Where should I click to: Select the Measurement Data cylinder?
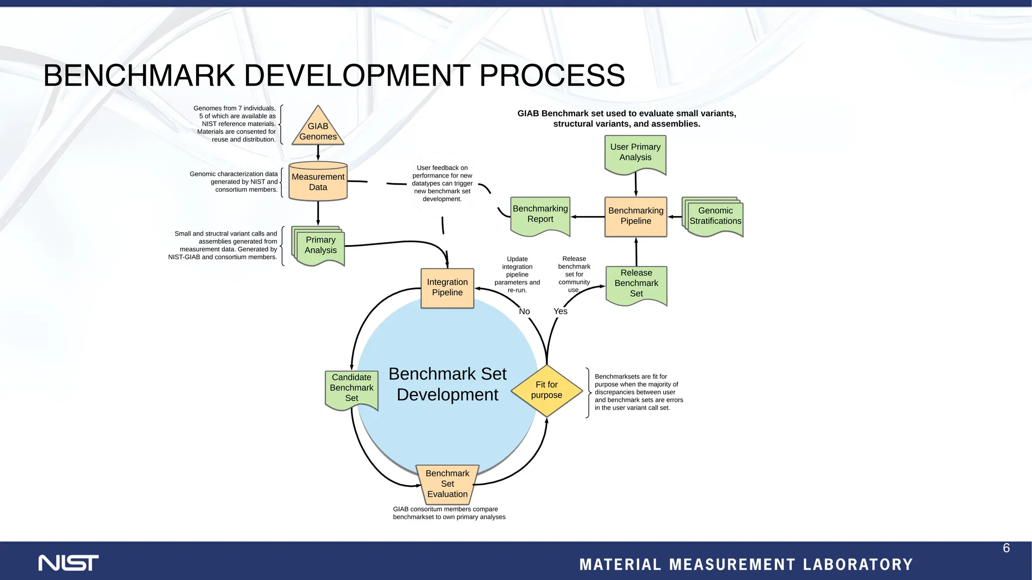[x=318, y=182]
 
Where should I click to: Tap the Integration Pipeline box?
[x=447, y=287]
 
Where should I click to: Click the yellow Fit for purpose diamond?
[x=547, y=390]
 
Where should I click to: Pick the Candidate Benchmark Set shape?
[x=352, y=388]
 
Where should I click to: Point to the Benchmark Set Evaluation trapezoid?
[x=447, y=484]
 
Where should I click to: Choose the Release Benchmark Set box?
[x=636, y=284]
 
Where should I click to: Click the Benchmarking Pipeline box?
[x=636, y=216]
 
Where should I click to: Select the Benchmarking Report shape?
[x=540, y=215]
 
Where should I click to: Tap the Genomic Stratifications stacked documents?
[x=715, y=217]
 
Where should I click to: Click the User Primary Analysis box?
[x=635, y=153]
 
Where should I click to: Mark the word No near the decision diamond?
[x=524, y=312]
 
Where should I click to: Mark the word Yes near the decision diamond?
[x=560, y=312]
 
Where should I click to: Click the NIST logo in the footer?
[x=69, y=563]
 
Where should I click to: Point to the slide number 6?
[x=1006, y=548]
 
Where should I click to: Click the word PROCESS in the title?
[x=552, y=76]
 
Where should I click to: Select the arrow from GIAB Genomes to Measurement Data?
[x=318, y=153]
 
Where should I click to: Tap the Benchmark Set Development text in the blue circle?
[x=447, y=384]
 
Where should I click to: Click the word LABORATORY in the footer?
[x=858, y=565]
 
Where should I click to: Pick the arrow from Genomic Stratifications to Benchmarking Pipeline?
[x=675, y=217]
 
